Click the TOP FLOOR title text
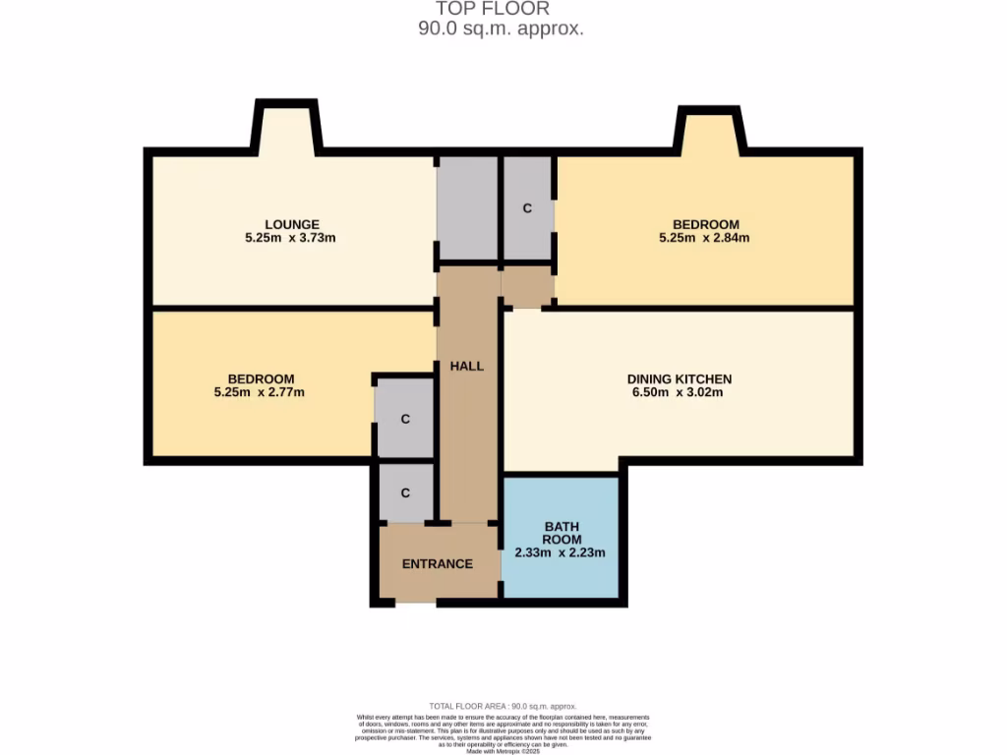pos(502,9)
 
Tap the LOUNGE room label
pos(291,224)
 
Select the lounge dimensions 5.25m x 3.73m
pos(291,238)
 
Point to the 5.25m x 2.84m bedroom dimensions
pos(705,238)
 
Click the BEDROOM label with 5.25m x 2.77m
pos(261,379)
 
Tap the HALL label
pos(467,366)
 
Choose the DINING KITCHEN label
pos(679,379)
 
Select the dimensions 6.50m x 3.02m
pos(679,393)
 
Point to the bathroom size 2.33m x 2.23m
pos(562,552)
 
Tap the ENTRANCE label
pos(438,564)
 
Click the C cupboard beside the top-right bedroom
pos(527,208)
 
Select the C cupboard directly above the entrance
pos(404,493)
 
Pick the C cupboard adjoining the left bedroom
pos(404,418)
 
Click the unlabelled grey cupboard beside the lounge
pos(467,208)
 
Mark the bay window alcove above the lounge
pos(287,129)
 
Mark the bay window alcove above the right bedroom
pos(709,133)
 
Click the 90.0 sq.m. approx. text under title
pos(502,29)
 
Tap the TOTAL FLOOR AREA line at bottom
pos(503,706)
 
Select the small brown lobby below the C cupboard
pos(527,286)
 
